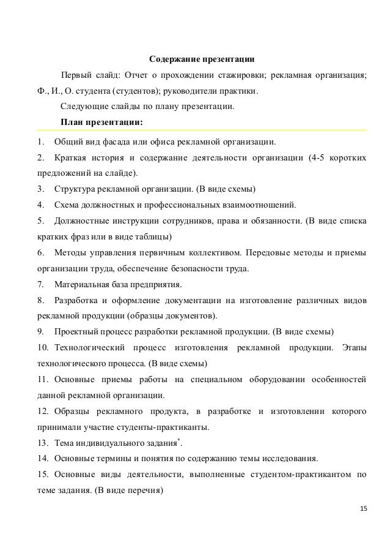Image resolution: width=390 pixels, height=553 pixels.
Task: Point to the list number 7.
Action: pyautogui.click(x=40, y=284)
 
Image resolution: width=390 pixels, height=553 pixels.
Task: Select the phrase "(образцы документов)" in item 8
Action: pyautogui.click(x=174, y=316)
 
